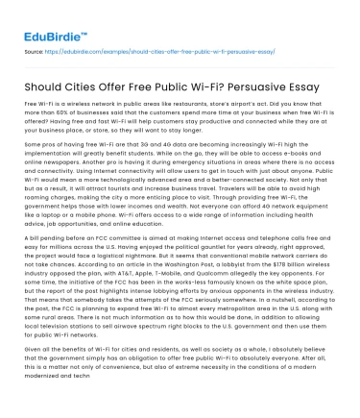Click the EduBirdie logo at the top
pyautogui.click(x=49, y=23)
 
